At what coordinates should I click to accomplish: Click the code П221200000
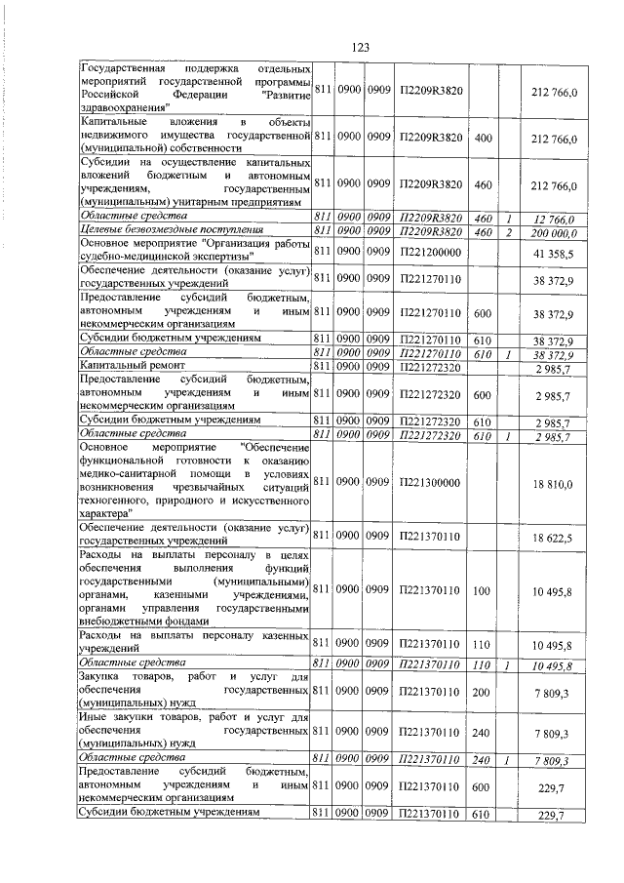(x=430, y=252)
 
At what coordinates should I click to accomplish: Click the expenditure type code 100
(x=482, y=589)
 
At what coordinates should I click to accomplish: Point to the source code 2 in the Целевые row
(x=509, y=231)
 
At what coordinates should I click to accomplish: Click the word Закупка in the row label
(x=100, y=677)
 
